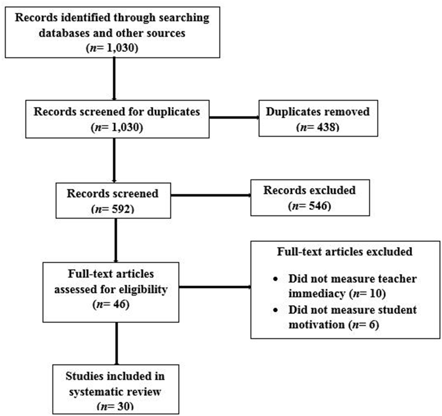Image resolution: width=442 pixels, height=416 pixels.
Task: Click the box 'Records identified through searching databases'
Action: [112, 32]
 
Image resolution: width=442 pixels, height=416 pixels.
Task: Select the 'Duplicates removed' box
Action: [318, 118]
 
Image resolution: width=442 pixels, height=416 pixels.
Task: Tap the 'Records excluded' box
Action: [310, 198]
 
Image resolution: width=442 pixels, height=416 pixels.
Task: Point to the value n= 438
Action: [318, 127]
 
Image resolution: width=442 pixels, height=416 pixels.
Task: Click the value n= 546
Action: [310, 206]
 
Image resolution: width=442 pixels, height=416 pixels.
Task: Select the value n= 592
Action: [113, 209]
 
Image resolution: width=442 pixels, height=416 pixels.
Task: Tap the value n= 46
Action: [111, 305]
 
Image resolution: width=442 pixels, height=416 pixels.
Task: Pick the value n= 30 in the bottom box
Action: [115, 406]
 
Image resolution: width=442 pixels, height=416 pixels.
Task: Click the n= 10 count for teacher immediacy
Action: [367, 294]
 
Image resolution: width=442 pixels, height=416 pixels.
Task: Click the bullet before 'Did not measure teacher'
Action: [276, 279]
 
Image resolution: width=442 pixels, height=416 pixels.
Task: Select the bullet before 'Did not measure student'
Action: [276, 310]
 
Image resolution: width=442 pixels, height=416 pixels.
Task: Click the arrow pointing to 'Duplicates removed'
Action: [234, 118]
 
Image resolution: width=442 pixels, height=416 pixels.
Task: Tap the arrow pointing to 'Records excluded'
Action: [211, 195]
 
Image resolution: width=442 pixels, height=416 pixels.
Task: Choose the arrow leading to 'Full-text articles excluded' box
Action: [215, 287]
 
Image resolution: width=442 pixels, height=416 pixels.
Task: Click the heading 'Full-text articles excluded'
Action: [345, 252]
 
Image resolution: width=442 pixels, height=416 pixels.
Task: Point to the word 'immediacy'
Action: [317, 294]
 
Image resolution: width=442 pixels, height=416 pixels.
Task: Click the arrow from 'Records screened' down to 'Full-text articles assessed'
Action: [116, 240]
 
